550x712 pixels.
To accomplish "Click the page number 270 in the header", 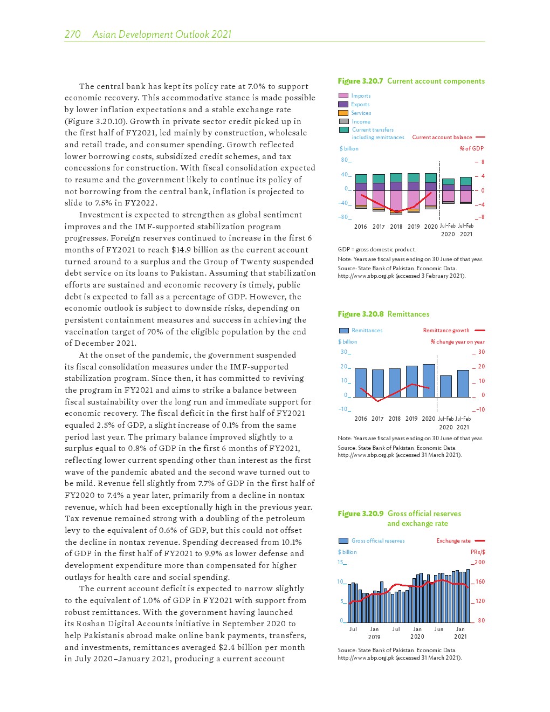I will point(72,35).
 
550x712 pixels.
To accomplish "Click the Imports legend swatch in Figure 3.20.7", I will point(343,95).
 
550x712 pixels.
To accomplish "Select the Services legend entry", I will point(361,113).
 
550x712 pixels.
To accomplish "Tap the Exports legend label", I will point(360,104).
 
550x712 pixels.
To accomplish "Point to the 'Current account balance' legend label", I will point(442,138).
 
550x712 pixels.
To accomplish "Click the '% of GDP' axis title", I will point(471,148).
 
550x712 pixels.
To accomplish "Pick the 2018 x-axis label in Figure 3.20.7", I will point(396,227).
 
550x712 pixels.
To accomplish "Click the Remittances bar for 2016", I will point(361,382).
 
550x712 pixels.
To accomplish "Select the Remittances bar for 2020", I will point(429,380).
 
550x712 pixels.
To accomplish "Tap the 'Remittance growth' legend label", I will point(446,330).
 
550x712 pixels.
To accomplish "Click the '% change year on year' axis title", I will point(457,341).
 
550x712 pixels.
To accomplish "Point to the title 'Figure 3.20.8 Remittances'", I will point(383,314).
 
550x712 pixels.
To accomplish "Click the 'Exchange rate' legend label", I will point(453,540).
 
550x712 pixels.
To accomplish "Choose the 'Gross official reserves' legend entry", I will point(377,540).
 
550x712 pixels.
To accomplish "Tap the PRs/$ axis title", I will point(478,552).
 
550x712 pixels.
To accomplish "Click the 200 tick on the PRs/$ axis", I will point(479,562).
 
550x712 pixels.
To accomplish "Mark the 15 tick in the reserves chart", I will point(341,562).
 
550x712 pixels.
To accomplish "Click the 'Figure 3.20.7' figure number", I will point(360,81).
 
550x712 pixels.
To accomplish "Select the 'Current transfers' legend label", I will point(373,129).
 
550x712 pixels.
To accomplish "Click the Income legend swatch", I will point(343,121).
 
